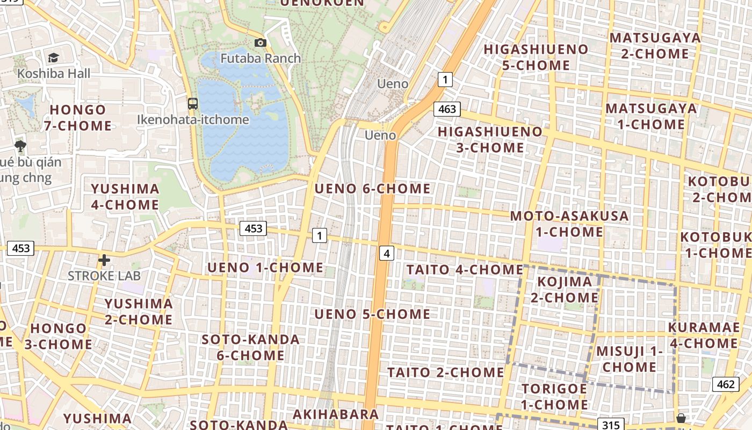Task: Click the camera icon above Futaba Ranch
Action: point(260,43)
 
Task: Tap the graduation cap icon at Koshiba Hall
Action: point(53,58)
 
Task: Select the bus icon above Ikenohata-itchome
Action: point(193,104)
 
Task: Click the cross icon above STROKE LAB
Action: point(104,261)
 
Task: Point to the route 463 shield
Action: point(447,109)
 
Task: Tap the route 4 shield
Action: point(387,253)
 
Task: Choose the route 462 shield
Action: point(725,384)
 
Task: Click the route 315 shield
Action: point(611,425)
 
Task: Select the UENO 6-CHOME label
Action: point(372,189)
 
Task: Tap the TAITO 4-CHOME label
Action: point(465,269)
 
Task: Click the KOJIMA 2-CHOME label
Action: point(565,290)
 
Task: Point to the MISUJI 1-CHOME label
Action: point(630,359)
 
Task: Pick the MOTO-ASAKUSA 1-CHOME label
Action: point(569,224)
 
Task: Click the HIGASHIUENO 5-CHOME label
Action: point(536,58)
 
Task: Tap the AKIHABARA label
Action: point(336,414)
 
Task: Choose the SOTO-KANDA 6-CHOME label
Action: point(251,347)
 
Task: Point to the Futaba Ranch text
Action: point(261,58)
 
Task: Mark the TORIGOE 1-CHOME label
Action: point(554,397)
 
